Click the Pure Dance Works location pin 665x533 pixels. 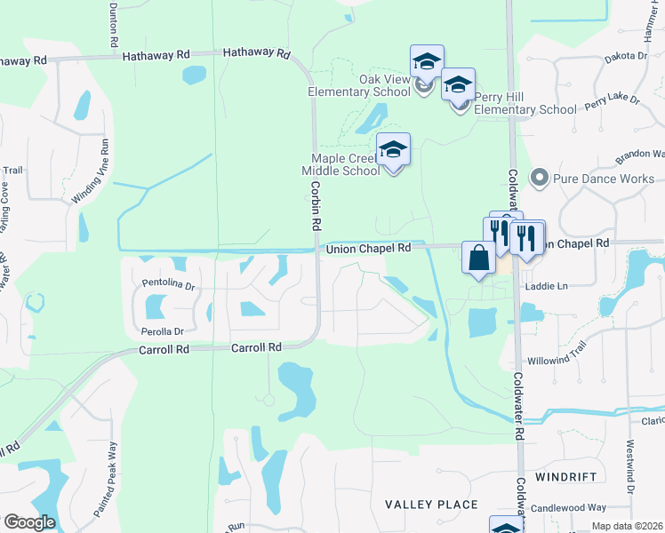click(x=538, y=178)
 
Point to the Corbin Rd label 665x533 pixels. click(x=315, y=205)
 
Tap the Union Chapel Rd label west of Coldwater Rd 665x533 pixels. click(x=368, y=249)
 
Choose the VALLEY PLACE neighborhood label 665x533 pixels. click(x=432, y=505)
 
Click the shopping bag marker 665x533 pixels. click(x=478, y=259)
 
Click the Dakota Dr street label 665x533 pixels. click(x=628, y=54)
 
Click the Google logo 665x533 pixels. click(x=29, y=522)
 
